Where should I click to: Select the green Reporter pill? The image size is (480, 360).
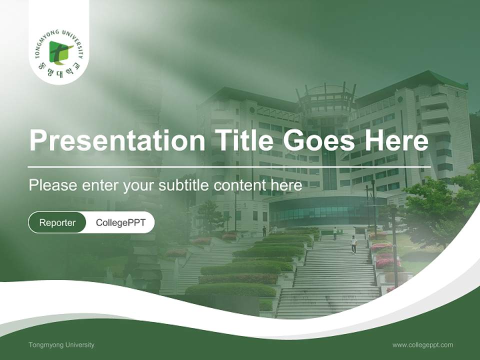57,222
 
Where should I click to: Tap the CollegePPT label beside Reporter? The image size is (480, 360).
120,222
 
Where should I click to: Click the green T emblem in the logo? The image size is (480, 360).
60,52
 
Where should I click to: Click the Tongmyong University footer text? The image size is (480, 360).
61,344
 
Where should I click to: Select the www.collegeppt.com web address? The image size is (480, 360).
422,344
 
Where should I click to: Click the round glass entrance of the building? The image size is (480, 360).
325,210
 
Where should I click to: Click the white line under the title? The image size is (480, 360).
229,166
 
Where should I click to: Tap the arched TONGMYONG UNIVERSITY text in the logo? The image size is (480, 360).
59,35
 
